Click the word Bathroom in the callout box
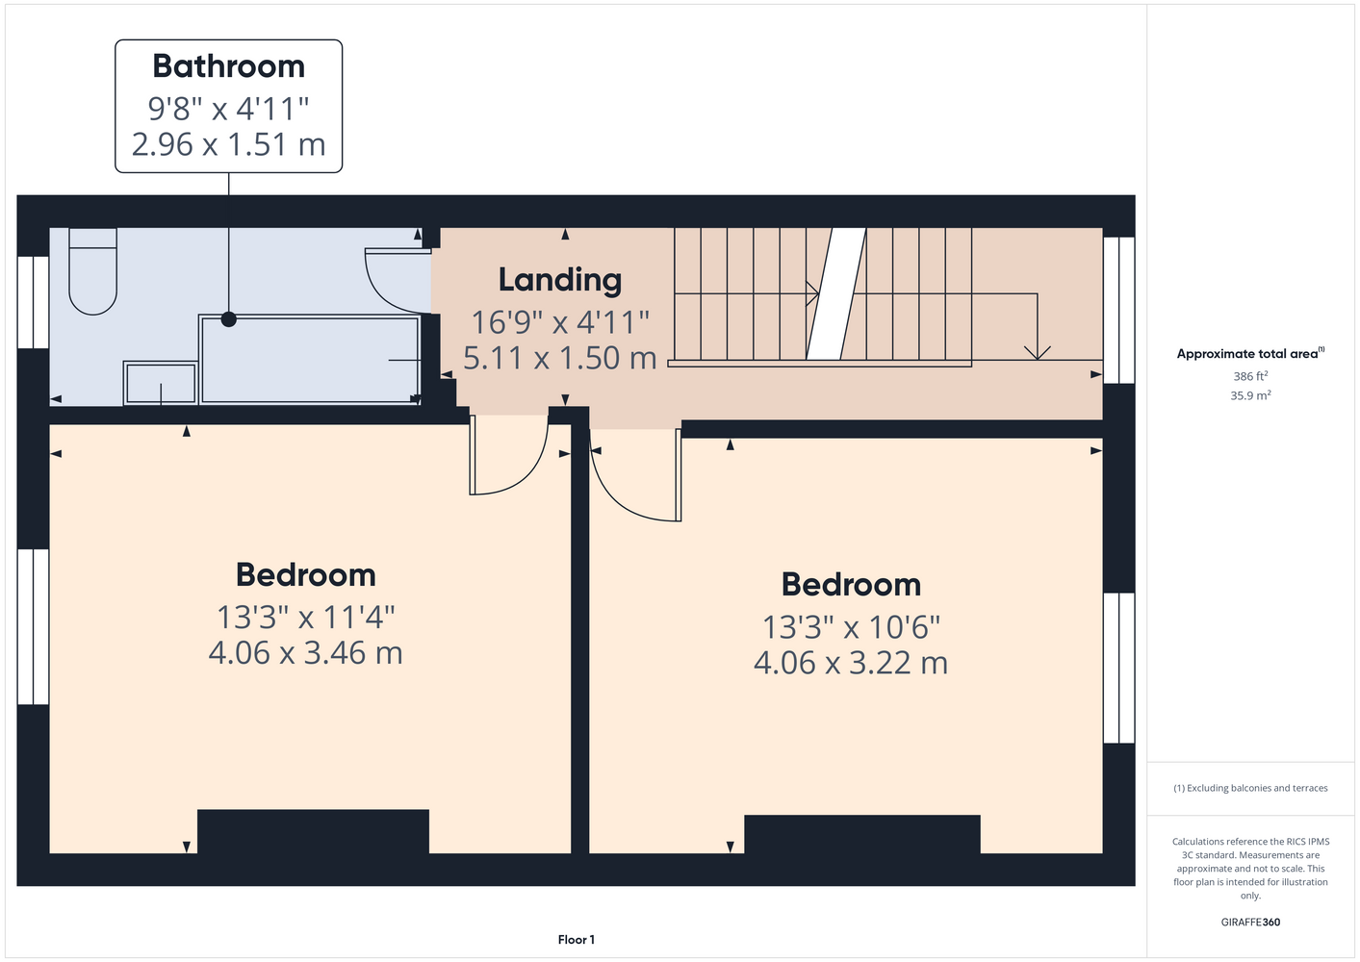point(228,66)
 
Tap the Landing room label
point(560,280)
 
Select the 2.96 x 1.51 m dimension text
point(228,144)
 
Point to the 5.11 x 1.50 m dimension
point(560,358)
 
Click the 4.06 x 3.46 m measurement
point(305,653)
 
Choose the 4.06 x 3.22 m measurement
point(851,663)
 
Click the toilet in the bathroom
point(92,271)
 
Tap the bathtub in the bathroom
point(310,360)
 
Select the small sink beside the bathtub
point(161,383)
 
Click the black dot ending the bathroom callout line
point(228,319)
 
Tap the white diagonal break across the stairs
point(836,294)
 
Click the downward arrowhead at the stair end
point(1037,353)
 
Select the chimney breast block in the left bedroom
point(313,831)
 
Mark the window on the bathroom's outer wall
point(33,302)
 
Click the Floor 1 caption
point(577,940)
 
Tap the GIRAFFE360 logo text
point(1250,922)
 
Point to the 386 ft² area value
point(1250,376)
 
